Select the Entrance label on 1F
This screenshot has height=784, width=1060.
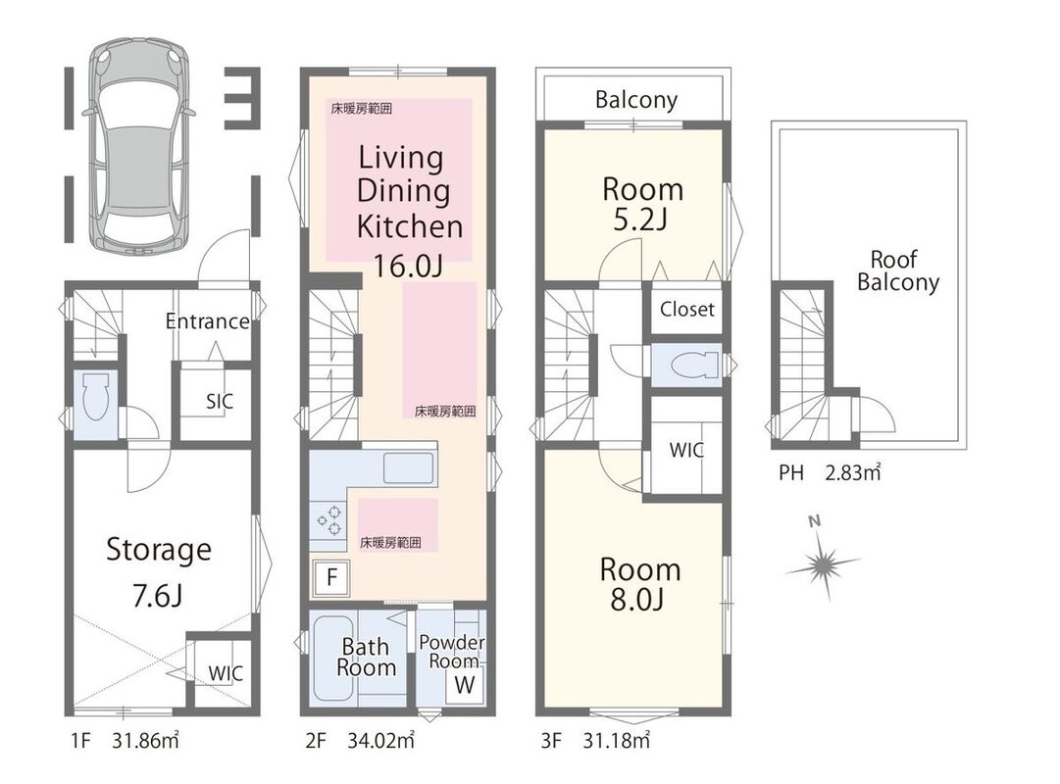coord(208,321)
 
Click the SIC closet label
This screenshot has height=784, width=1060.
coord(219,402)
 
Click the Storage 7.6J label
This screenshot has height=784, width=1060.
coord(159,571)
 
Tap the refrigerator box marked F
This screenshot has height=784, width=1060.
coord(330,578)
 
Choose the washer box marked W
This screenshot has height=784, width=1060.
coord(465,685)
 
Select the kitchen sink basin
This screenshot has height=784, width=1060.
coord(408,468)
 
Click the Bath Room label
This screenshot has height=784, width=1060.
coord(366,657)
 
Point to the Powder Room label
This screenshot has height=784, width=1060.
coord(452,652)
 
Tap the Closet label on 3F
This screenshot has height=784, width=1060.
coord(686,310)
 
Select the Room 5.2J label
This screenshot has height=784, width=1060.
coord(642,204)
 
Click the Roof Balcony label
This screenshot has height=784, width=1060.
coord(898,270)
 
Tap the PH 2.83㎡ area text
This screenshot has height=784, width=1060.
coord(830,472)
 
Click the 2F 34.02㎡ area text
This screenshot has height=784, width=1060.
coord(360,741)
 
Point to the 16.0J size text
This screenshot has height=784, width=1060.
coord(408,266)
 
